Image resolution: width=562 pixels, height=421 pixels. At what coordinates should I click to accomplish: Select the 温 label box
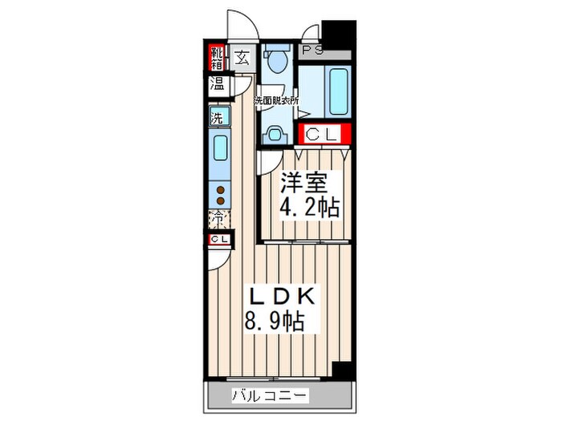click(218, 84)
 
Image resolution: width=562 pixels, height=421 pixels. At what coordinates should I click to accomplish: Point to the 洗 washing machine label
click(217, 118)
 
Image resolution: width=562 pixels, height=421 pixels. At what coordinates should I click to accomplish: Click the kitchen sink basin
click(219, 149)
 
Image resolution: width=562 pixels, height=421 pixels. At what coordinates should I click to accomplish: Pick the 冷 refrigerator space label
click(218, 217)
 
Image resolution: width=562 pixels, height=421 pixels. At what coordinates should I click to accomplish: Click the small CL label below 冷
click(218, 240)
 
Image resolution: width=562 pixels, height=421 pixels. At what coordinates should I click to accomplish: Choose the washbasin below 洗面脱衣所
click(275, 133)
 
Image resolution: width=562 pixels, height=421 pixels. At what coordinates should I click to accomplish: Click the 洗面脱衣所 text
click(276, 102)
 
